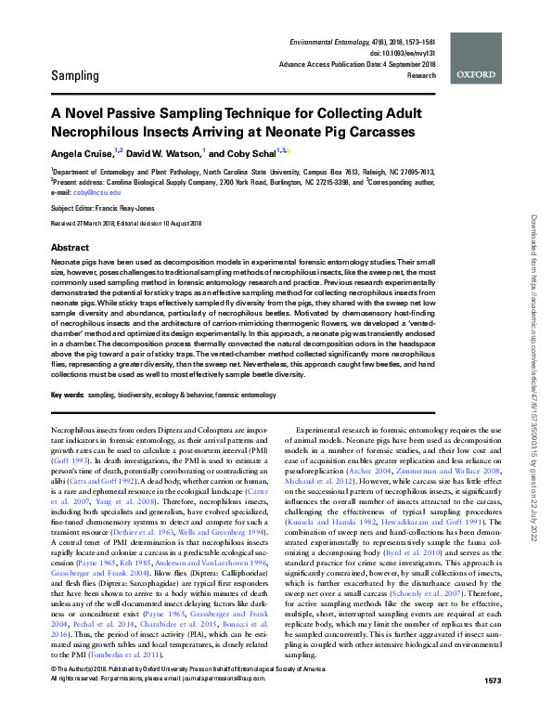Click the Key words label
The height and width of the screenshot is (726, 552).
[x=68, y=395]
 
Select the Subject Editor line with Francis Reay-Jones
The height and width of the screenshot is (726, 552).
[x=112, y=210]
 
